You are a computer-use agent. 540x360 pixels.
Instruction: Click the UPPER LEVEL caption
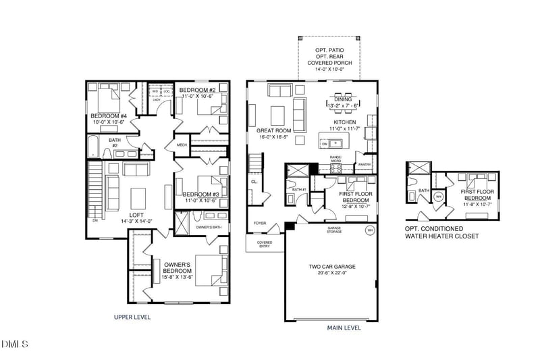132,317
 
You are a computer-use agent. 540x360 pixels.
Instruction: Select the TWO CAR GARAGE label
331,266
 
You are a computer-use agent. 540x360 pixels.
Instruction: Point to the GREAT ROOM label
273,130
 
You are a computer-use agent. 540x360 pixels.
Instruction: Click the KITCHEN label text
342,122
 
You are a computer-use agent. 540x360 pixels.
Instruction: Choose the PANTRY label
364,164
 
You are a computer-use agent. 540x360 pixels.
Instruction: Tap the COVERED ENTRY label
265,245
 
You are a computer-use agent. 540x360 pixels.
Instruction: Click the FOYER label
260,223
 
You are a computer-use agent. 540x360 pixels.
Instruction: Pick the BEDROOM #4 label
109,116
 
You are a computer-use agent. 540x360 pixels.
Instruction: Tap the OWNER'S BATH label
209,227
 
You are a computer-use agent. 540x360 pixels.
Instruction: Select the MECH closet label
182,145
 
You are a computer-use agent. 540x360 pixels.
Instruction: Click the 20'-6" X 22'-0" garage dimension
331,273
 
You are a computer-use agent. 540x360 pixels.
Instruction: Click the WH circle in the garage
369,230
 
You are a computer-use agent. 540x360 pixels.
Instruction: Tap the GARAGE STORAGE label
335,230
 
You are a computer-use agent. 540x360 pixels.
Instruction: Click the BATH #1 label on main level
299,190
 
